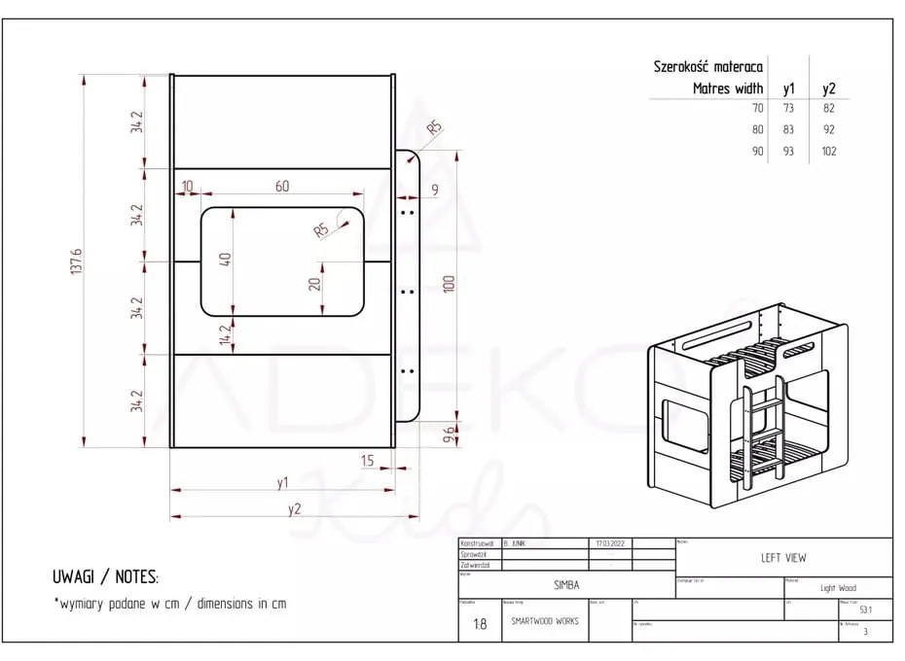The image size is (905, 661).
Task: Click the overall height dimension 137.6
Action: [x=77, y=262]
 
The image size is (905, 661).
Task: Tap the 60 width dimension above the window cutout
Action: [x=281, y=187]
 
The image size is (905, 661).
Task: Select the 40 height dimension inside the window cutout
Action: [x=225, y=261]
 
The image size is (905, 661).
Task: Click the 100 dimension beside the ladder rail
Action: [x=449, y=285]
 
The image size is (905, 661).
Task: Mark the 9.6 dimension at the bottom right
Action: [x=449, y=434]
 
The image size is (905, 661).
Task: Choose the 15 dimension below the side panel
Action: [x=367, y=460]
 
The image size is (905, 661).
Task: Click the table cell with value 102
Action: [x=828, y=151]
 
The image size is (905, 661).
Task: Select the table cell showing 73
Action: [x=788, y=108]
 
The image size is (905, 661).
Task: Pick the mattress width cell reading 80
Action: [x=757, y=129]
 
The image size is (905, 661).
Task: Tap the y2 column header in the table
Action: [x=828, y=87]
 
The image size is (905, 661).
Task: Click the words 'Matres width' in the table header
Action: [x=729, y=87]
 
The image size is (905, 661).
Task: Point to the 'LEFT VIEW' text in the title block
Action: [x=782, y=558]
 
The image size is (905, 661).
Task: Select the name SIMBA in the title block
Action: [x=566, y=586]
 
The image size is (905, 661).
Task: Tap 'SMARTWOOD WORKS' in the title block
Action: [x=545, y=621]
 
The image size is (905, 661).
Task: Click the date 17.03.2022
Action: [x=609, y=543]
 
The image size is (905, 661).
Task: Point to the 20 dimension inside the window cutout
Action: [x=313, y=284]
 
